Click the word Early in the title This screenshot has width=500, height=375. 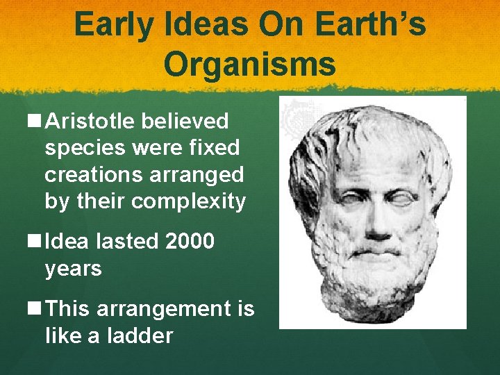[115, 26]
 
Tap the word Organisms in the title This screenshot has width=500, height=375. [250, 65]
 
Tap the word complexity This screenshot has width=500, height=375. [188, 201]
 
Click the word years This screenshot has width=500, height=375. [73, 269]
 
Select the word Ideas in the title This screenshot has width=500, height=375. [208, 26]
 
